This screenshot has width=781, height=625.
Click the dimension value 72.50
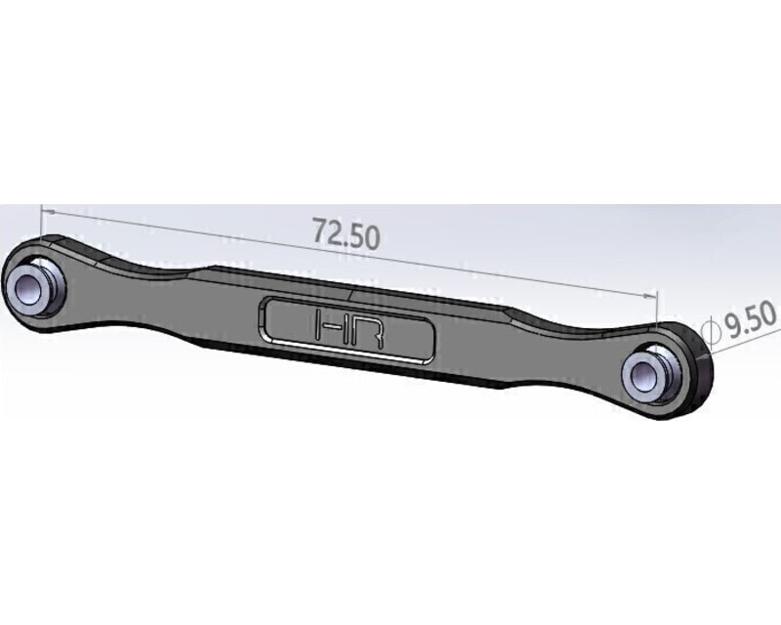coord(346,233)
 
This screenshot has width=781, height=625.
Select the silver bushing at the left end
coord(33,285)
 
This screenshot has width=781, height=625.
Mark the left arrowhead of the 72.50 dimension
coord(46,209)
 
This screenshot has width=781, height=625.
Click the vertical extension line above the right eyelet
coord(658,312)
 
